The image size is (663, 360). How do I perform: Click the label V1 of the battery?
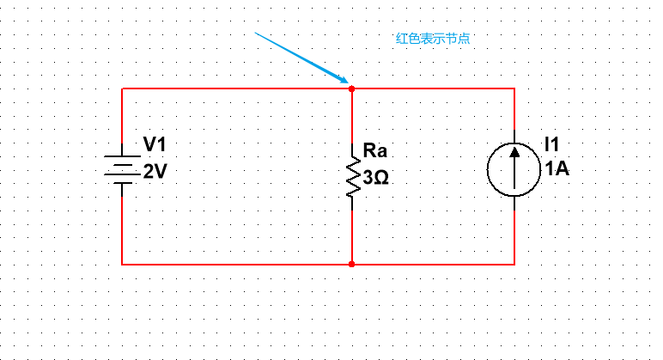pos(155,144)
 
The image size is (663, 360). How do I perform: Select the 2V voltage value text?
pos(155,171)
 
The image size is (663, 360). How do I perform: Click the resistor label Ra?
pos(375,151)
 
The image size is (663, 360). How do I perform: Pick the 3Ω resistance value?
pos(375,178)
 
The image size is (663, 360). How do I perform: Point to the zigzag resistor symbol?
pos(352,176)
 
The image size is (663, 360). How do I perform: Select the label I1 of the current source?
pos(551,143)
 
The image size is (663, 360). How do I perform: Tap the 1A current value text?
pos(556,168)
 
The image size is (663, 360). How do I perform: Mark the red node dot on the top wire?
pos(352,88)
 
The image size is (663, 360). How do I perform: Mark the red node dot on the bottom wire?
pos(352,265)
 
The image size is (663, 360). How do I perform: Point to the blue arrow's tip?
pos(346,83)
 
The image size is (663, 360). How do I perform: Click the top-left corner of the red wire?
pos(122,88)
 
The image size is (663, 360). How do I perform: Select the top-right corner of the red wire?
pos(514,88)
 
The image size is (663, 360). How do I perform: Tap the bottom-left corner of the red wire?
pos(122,265)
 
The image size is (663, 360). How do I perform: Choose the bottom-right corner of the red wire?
pos(514,265)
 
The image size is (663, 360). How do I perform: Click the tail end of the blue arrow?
pos(255,33)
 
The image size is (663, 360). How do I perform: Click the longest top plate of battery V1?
pos(122,157)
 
